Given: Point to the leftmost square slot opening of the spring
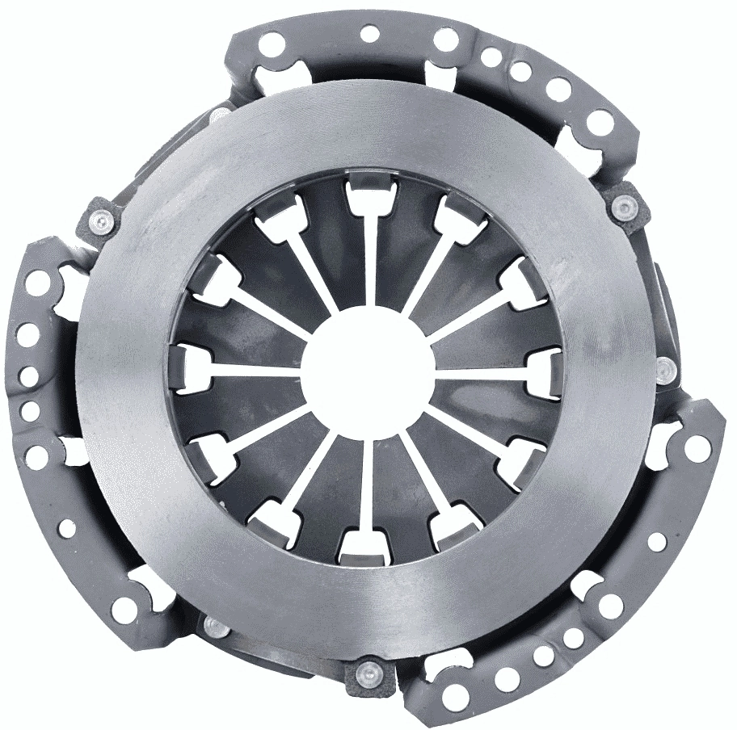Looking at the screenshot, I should (190, 368).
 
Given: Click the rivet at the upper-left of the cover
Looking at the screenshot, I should (100, 220).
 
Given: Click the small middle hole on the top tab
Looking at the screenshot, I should (369, 34).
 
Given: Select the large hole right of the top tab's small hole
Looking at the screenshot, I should (445, 39).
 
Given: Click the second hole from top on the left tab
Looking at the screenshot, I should (29, 332).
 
